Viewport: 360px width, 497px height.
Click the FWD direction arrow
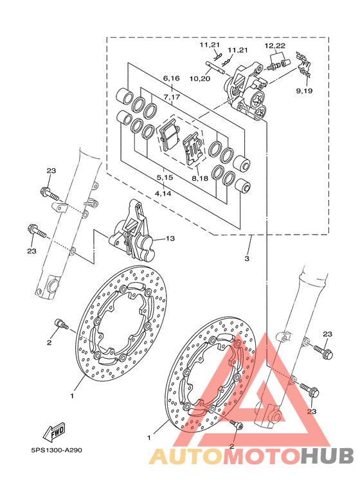55,431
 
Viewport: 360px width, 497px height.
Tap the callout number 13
170,238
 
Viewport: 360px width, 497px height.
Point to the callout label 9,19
304,91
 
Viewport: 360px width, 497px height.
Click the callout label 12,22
275,46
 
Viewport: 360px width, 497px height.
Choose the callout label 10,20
201,78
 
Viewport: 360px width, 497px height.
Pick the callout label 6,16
172,78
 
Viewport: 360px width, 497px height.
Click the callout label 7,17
172,97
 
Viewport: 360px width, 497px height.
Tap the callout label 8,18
200,178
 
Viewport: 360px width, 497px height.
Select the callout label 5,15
165,177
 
